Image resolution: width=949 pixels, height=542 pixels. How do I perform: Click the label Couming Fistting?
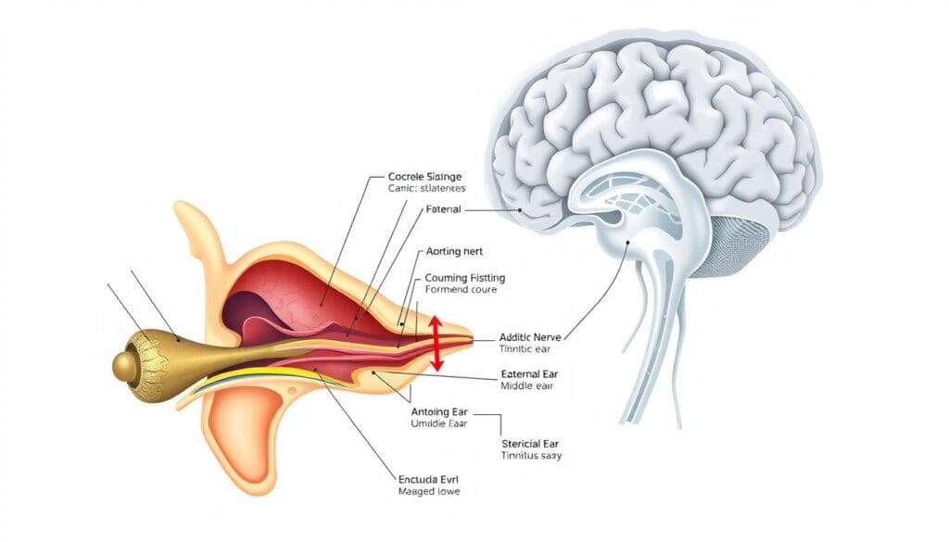(x=465, y=277)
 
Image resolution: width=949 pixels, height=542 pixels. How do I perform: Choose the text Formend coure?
(x=461, y=290)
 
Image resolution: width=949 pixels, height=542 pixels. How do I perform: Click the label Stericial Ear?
(x=532, y=443)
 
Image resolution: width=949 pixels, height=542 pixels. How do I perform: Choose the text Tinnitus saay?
(x=531, y=456)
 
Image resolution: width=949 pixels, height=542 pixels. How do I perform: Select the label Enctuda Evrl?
(x=426, y=478)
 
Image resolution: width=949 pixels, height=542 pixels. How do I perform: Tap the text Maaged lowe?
(x=425, y=491)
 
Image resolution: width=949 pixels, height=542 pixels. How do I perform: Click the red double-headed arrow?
(x=436, y=343)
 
